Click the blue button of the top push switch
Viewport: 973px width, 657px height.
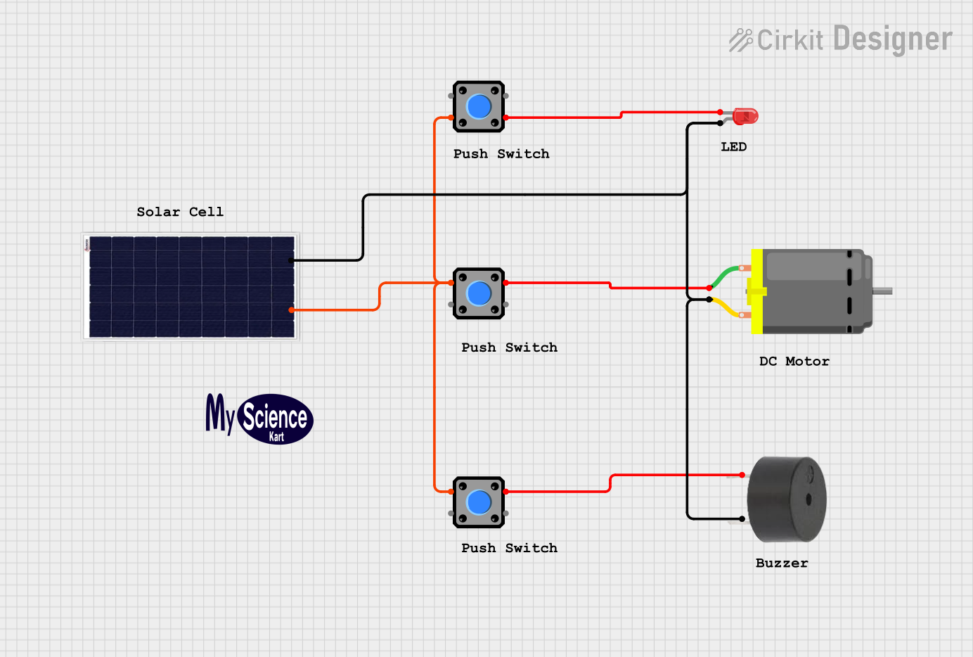coord(479,107)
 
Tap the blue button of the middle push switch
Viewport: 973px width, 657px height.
coord(479,293)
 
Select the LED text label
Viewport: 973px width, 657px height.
coord(733,146)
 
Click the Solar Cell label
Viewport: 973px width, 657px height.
coord(180,212)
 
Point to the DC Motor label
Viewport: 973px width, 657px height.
coord(794,361)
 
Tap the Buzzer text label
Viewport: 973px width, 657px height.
coord(781,563)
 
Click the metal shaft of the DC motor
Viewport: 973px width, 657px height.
coord(882,291)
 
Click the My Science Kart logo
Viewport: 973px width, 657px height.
coord(259,419)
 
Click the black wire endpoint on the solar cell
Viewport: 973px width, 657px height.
coord(291,260)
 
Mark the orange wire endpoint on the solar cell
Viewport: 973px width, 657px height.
coord(291,310)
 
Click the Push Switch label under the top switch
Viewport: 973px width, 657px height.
coord(501,153)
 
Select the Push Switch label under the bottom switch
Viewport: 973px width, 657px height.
coord(509,547)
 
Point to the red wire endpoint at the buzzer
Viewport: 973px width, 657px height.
coord(742,475)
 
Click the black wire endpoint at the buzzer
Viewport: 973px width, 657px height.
coord(742,519)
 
